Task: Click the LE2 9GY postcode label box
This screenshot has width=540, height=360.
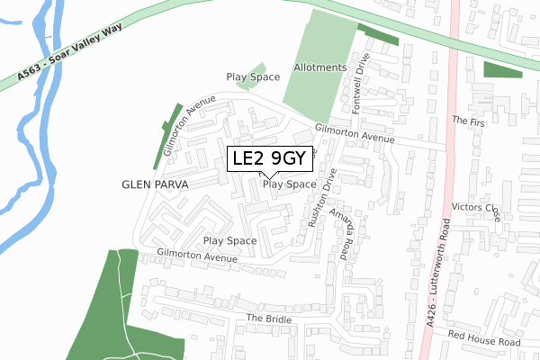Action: click(x=271, y=159)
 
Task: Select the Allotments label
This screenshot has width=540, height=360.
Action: click(x=319, y=68)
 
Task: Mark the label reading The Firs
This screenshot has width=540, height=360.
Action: click(x=468, y=120)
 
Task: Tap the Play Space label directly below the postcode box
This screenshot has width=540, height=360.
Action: click(x=290, y=184)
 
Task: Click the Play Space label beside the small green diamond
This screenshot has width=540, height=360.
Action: click(x=253, y=77)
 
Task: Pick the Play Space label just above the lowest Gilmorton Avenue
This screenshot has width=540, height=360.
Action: click(x=229, y=241)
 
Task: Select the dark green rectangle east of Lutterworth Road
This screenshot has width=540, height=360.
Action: click(x=503, y=70)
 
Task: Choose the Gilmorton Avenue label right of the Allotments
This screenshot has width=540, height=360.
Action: click(x=355, y=134)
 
